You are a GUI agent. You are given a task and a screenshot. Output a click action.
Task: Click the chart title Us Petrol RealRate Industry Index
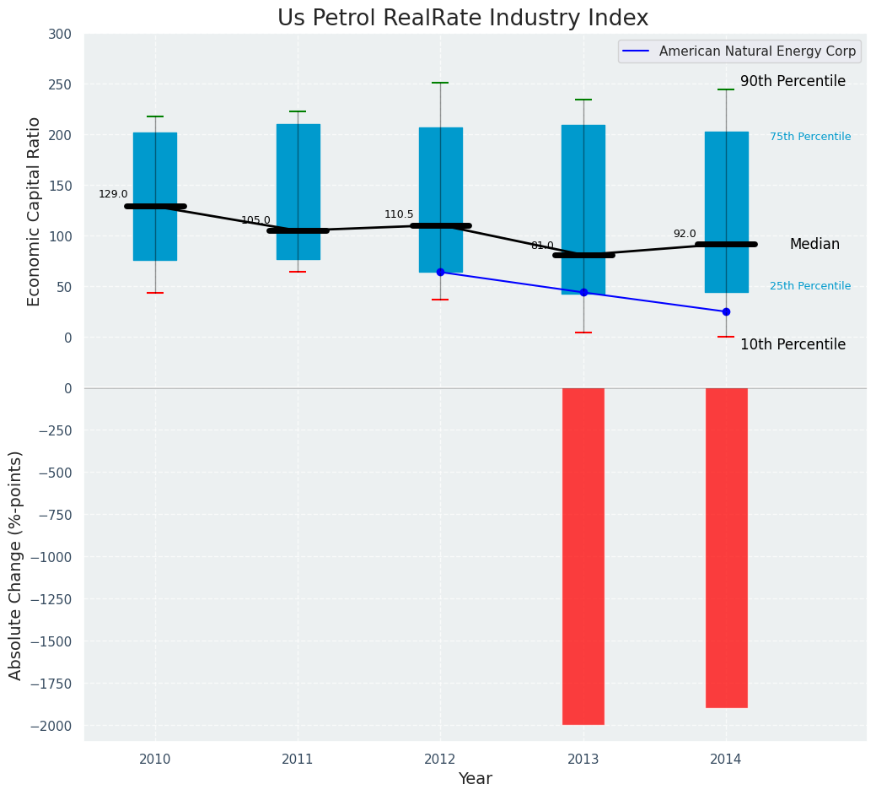463,19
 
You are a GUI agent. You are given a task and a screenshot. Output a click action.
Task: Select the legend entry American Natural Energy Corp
757,51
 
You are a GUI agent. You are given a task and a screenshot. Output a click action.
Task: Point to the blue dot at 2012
440,272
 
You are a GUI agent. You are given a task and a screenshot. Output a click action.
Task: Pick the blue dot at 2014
726,311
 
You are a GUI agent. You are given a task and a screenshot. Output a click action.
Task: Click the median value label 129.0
113,194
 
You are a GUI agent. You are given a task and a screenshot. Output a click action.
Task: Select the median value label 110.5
399,214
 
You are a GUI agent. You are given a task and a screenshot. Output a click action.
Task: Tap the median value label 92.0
685,234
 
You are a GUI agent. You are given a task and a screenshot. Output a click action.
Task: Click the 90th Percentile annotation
793,81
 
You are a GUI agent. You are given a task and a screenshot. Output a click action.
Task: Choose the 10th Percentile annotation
793,344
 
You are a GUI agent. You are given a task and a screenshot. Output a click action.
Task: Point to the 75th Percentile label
810,137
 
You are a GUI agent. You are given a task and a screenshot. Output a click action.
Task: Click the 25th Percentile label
810,286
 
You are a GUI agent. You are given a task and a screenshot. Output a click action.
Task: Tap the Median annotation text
814,244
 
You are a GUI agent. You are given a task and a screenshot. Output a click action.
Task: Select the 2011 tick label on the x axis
298,760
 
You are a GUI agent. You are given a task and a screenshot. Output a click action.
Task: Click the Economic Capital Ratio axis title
35,211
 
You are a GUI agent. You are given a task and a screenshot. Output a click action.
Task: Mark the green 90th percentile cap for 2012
440,83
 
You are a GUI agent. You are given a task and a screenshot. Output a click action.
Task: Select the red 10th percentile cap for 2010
155,293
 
